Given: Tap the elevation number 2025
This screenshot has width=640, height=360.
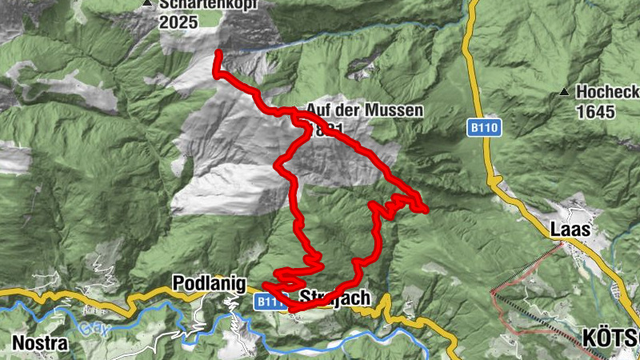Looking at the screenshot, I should (179, 22).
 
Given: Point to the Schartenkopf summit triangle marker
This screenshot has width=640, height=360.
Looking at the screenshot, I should (147, 4).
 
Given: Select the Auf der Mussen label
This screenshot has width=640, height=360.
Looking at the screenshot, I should (364, 111).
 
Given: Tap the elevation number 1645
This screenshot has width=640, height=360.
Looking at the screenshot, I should (594, 111).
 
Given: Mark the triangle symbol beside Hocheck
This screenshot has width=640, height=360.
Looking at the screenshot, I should (565, 92).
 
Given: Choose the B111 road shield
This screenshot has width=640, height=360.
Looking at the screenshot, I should (270, 302).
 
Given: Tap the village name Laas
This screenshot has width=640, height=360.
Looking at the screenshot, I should (570, 230).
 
